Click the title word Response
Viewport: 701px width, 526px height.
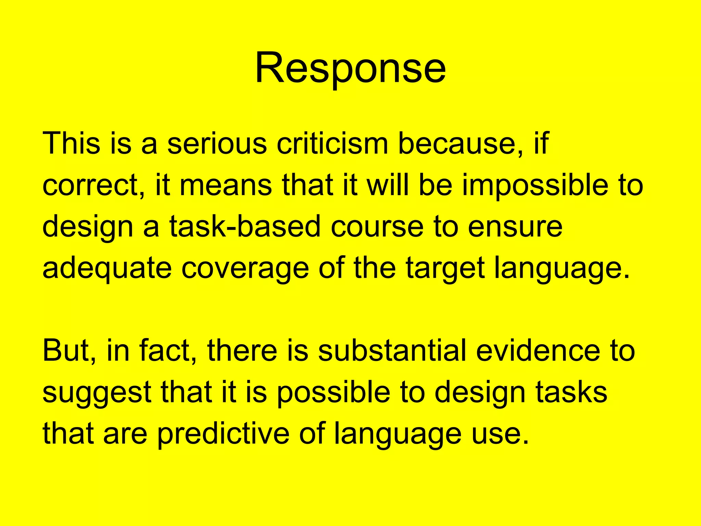350,67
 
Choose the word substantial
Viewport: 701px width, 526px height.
392,351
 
